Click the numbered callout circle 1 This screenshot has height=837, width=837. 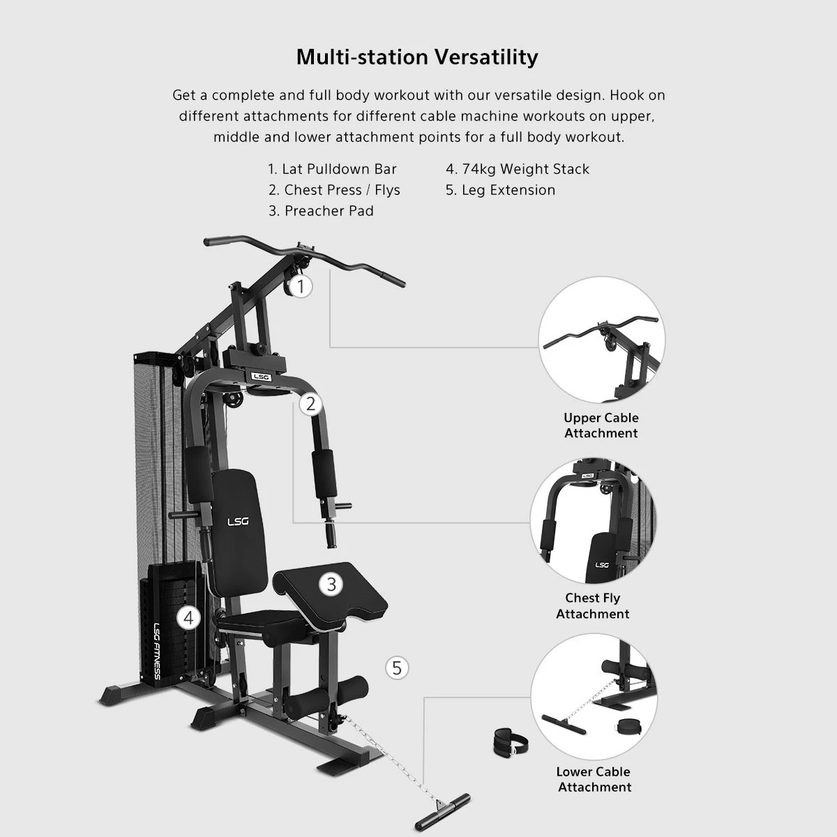coord(301,286)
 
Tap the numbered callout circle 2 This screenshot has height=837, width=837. coord(310,404)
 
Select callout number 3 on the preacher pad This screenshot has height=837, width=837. coord(331,585)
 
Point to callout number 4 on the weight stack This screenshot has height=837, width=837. coord(188,617)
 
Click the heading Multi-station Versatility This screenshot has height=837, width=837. coord(417,57)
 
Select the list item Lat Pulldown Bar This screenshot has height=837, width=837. coord(332,169)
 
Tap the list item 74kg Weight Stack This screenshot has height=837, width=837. coord(518,169)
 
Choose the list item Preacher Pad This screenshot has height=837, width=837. coord(321,211)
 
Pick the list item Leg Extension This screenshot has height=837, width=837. coord(500,190)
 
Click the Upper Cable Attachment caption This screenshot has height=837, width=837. coord(601,425)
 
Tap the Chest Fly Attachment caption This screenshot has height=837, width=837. coord(593,605)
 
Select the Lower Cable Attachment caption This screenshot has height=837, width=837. coord(594,779)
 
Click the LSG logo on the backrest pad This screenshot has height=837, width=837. coord(238,521)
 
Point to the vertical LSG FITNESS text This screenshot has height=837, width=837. coord(157,651)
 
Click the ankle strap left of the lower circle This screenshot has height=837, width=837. coord(511,742)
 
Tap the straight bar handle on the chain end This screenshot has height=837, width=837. coord(443,813)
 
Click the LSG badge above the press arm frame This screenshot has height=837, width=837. coord(261,376)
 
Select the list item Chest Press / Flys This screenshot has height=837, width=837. coord(334,190)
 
